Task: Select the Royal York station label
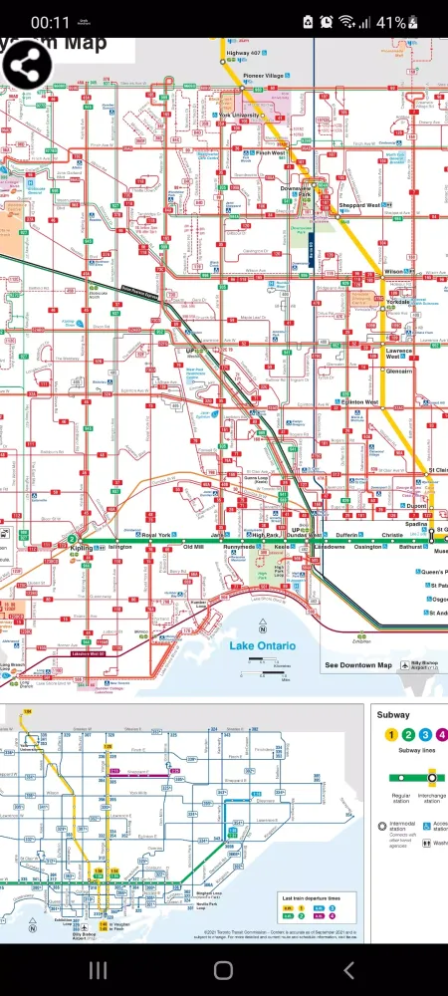coord(156,535)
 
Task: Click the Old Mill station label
coord(193,547)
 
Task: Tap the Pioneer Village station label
coord(265,76)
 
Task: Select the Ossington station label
coord(368,547)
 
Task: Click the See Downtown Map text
coord(358,665)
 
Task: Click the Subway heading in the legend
coord(393,714)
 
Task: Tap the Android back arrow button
coord(348,970)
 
